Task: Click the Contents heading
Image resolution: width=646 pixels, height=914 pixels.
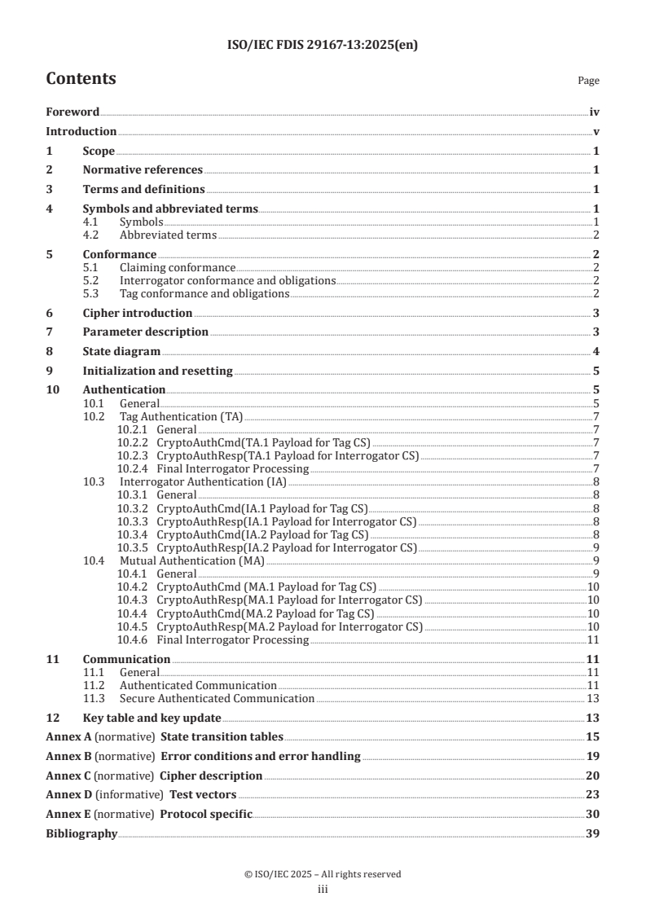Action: pos(81,79)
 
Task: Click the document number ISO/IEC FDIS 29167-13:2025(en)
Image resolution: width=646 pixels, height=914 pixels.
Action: pos(323,46)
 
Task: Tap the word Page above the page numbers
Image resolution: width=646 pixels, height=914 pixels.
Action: pos(588,81)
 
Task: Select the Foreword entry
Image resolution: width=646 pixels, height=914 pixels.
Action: pos(73,112)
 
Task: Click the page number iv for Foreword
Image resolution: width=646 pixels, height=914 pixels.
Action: pos(595,112)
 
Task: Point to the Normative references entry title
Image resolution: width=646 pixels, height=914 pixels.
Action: pos(143,169)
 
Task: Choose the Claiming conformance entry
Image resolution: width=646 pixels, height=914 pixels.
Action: pos(177,267)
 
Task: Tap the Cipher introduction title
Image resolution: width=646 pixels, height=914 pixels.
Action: pos(138,313)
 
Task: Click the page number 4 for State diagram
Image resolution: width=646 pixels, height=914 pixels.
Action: pos(596,351)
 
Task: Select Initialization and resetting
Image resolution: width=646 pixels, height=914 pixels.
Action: pos(158,371)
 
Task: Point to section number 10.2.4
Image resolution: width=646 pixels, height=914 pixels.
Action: pos(131,468)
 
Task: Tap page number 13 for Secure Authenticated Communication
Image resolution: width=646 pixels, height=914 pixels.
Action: pos(594,698)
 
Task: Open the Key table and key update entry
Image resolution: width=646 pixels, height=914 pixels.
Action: pos(152,718)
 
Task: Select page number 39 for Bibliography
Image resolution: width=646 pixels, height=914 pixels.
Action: pos(593,833)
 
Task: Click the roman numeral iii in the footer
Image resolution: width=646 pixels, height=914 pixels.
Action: pos(323,890)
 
